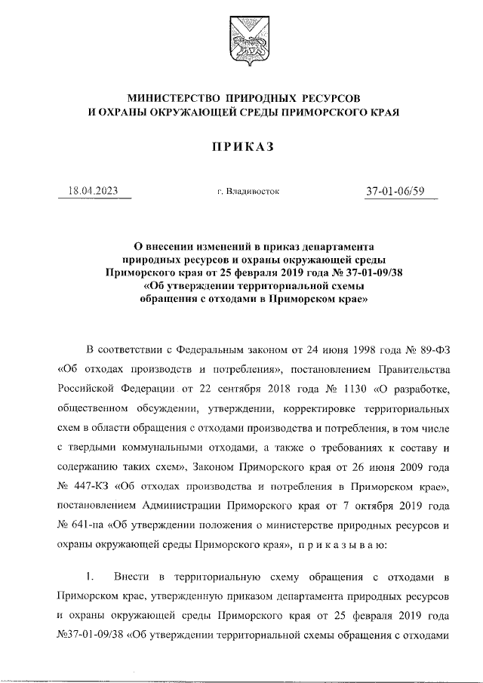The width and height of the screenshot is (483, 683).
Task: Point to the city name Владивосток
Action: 248,192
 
